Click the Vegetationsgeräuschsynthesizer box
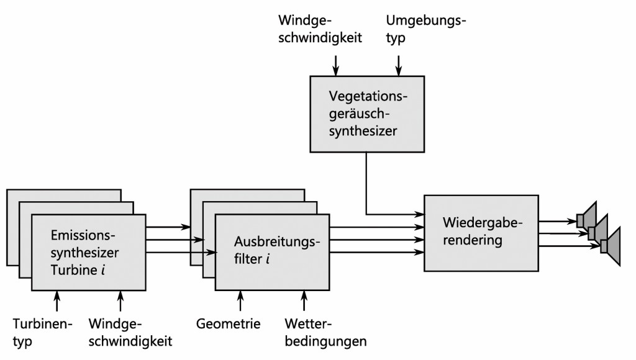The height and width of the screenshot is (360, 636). tap(366, 114)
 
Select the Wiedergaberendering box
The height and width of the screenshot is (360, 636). tap(481, 232)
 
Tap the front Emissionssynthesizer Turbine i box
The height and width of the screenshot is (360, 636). tap(88, 253)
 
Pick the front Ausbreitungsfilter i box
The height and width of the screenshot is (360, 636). tap(272, 253)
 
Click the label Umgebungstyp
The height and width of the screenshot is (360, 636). tap(426, 29)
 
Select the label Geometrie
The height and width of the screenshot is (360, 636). tap(228, 323)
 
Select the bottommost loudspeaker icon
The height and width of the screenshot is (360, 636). tap(610, 246)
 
